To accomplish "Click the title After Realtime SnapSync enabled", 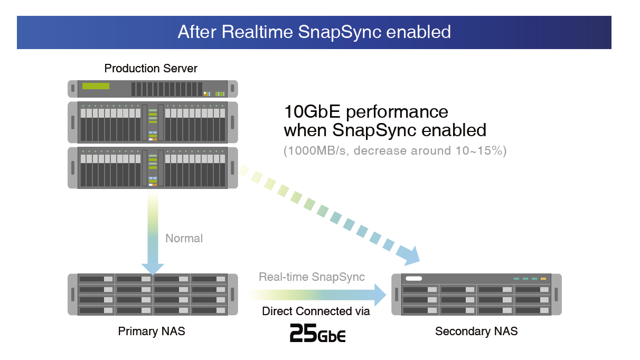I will coord(314,32).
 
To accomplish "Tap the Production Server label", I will coord(151,69).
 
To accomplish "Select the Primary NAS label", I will coord(152,331).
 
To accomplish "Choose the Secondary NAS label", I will coord(476,331).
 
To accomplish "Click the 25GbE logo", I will coord(318,333).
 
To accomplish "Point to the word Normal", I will coord(184,239).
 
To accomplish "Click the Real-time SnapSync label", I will coord(312,277).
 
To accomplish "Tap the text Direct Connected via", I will coord(316,311).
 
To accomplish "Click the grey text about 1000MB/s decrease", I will coord(395,151).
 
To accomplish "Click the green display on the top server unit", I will coord(96,86).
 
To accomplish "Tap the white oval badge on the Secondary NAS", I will coord(414,279).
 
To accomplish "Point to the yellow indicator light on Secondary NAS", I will coord(543,279).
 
